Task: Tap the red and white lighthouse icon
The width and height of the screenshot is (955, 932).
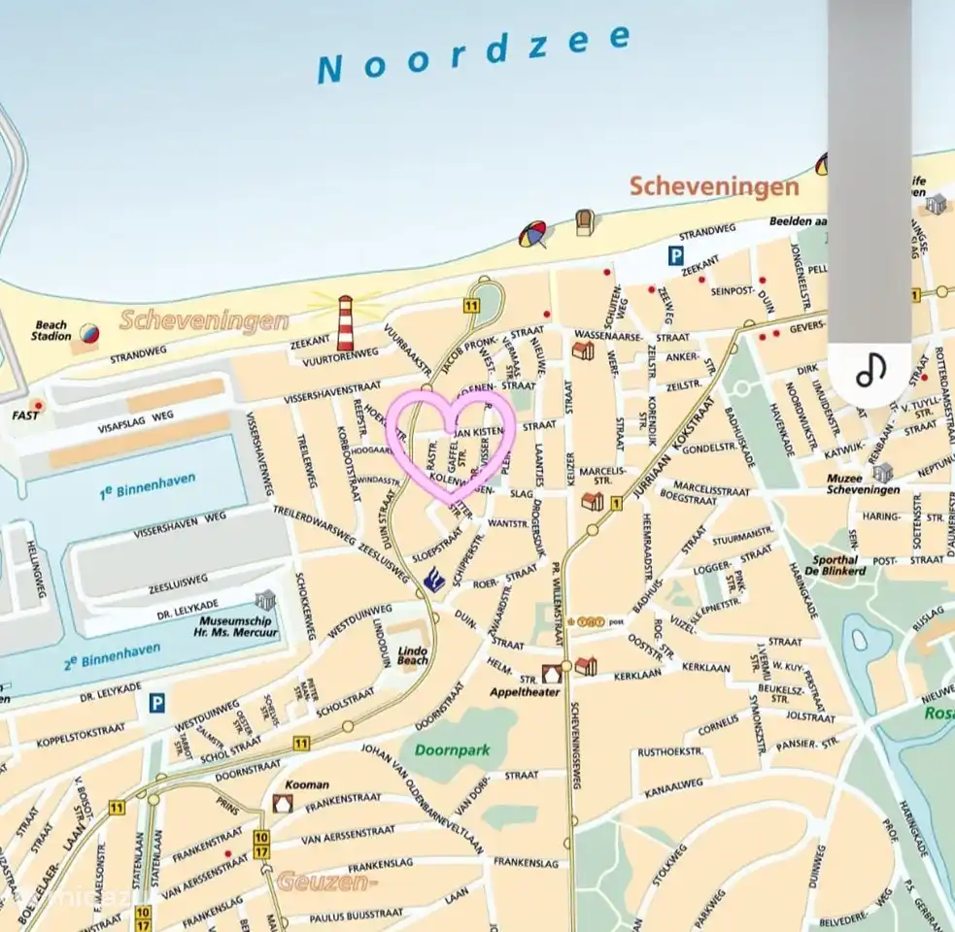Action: pyautogui.click(x=345, y=322)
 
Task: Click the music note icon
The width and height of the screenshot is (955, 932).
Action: pyautogui.click(x=870, y=370)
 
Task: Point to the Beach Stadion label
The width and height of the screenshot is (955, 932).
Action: pyautogui.click(x=52, y=331)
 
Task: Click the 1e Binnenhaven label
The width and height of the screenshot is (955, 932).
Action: pyautogui.click(x=147, y=486)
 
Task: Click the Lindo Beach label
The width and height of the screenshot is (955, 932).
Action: pyautogui.click(x=412, y=654)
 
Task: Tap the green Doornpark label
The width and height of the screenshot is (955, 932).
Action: pyautogui.click(x=452, y=749)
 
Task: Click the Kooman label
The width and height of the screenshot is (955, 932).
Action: pyautogui.click(x=307, y=784)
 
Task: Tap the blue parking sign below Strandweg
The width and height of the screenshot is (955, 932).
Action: pyautogui.click(x=675, y=255)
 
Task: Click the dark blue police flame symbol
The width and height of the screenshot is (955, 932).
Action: pyautogui.click(x=434, y=579)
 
